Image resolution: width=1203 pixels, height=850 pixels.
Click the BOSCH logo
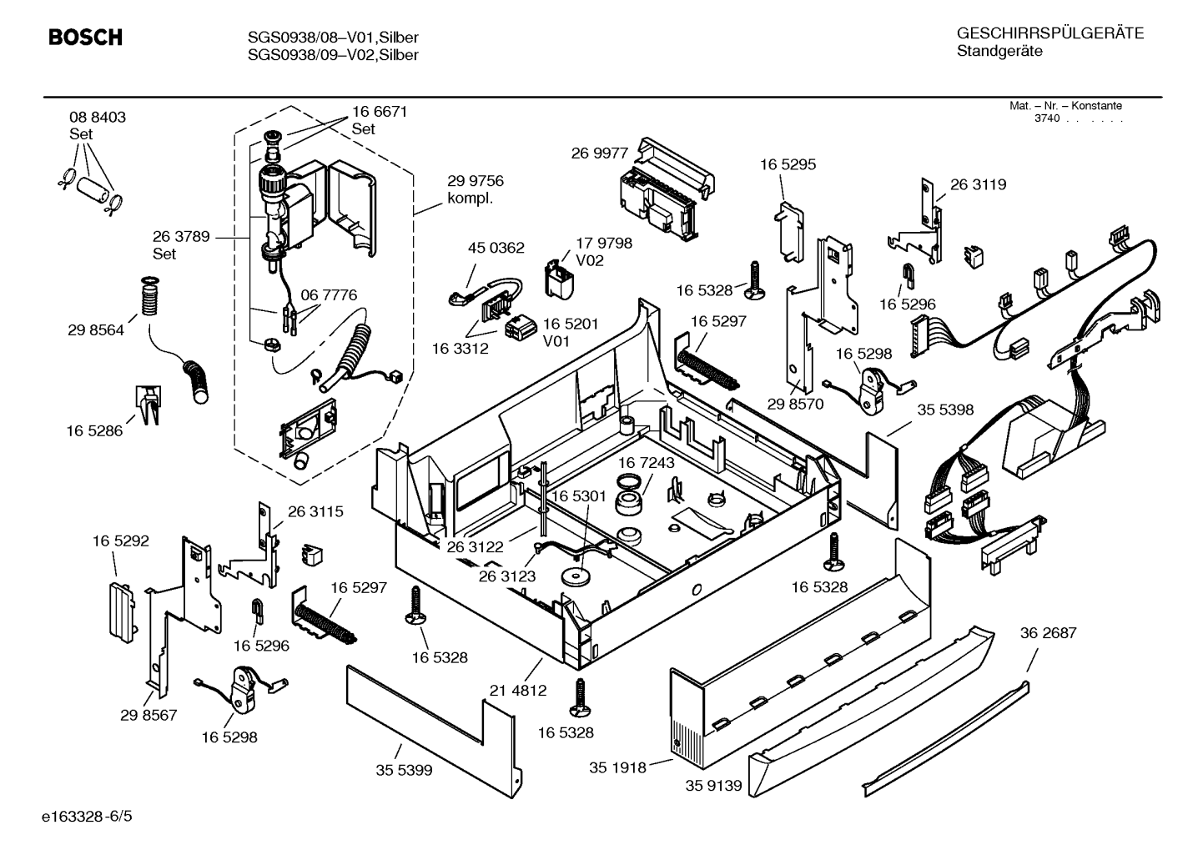(x=85, y=37)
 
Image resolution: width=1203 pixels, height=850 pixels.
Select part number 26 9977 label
(x=599, y=153)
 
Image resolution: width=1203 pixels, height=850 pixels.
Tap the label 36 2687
(x=1049, y=633)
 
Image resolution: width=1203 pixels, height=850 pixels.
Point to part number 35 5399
(x=404, y=771)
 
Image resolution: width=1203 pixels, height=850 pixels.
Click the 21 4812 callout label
(x=518, y=691)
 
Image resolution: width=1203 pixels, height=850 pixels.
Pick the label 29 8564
(x=96, y=330)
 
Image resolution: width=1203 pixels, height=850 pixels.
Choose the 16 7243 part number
(x=646, y=463)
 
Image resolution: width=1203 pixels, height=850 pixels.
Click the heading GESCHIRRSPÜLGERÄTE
(x=1050, y=33)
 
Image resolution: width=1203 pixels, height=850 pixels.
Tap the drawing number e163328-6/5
(x=87, y=817)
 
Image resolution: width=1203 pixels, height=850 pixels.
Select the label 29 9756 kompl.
(x=476, y=189)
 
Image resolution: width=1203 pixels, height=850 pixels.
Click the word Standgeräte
(x=999, y=52)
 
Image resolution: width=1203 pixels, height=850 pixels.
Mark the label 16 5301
(x=578, y=496)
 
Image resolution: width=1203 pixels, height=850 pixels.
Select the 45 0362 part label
(x=496, y=248)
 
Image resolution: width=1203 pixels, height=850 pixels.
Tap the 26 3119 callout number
(x=978, y=184)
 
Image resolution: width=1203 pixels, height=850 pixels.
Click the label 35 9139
(x=713, y=786)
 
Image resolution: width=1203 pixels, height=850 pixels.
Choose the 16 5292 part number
(x=120, y=541)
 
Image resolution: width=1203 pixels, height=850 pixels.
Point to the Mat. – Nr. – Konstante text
(x=1065, y=106)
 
